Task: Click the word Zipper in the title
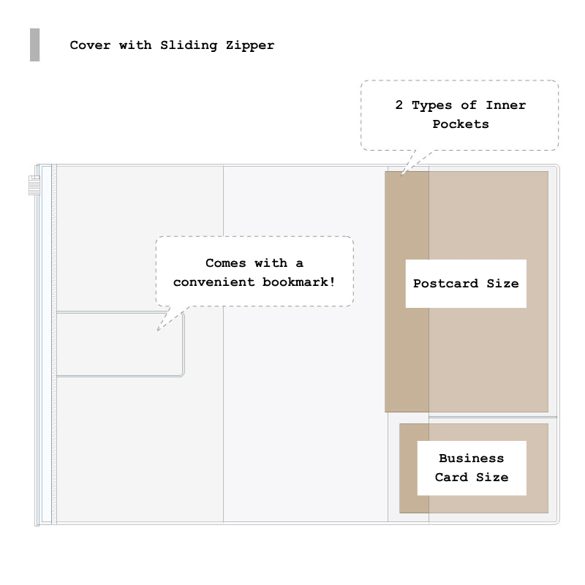pyautogui.click(x=250, y=45)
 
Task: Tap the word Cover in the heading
pyautogui.click(x=90, y=45)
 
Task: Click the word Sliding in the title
pyautogui.click(x=189, y=45)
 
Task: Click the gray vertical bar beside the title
pyautogui.click(x=34, y=45)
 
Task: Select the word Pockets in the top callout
pyautogui.click(x=461, y=124)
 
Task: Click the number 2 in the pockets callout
pyautogui.click(x=399, y=105)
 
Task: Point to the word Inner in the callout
pyautogui.click(x=505, y=105)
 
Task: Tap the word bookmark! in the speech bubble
pyautogui.click(x=298, y=282)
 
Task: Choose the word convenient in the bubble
pyautogui.click(x=214, y=282)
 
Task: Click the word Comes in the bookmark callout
pyautogui.click(x=226, y=263)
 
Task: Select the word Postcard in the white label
pyautogui.click(x=445, y=284)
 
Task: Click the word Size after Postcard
pyautogui.click(x=502, y=284)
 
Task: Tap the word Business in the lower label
pyautogui.click(x=471, y=458)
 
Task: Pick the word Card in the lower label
pyautogui.click(x=451, y=478)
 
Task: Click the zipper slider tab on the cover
pyautogui.click(x=34, y=185)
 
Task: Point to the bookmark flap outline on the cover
pyautogui.click(x=184, y=344)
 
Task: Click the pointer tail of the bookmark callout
pyautogui.click(x=171, y=318)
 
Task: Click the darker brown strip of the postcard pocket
pyautogui.click(x=407, y=292)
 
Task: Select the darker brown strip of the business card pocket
pyautogui.click(x=414, y=468)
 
